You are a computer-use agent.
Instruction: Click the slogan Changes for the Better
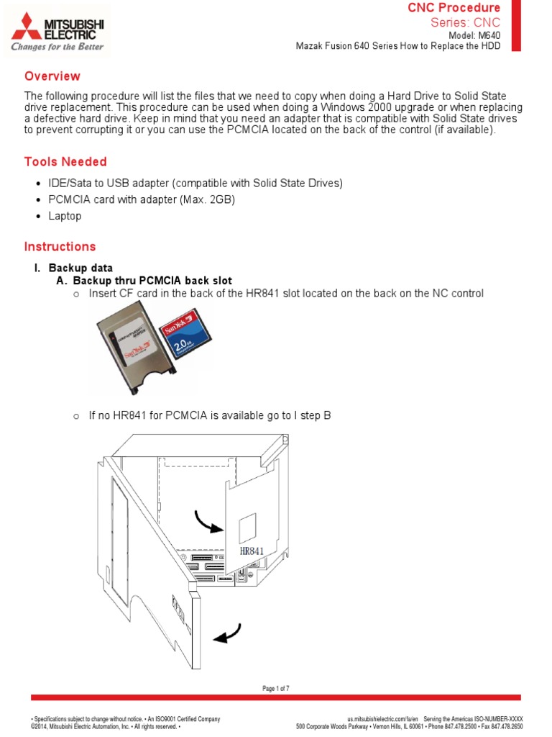point(57,47)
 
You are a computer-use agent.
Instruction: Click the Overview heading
point(52,76)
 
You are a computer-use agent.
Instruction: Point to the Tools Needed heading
point(65,162)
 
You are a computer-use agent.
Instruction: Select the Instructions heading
point(60,247)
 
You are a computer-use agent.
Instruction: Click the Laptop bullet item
point(65,216)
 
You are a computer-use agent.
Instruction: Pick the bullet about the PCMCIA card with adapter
point(142,199)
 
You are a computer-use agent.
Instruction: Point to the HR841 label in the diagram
point(248,551)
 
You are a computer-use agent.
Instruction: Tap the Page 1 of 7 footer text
point(276,689)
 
